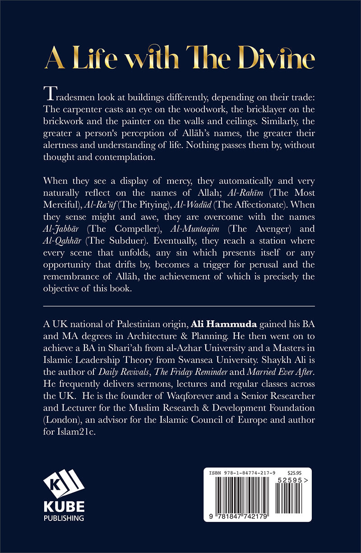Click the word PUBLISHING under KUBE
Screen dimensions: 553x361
coord(64,517)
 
